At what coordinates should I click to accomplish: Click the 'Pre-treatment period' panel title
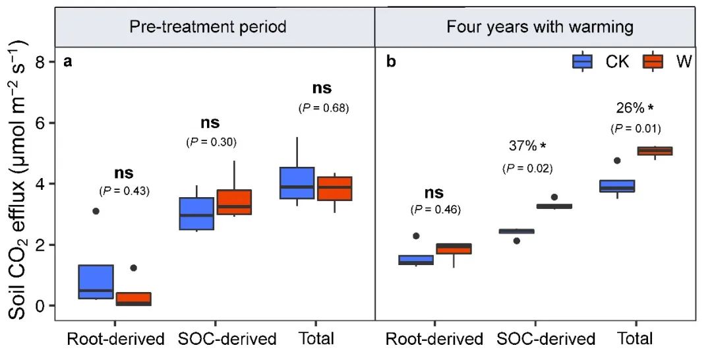(x=207, y=27)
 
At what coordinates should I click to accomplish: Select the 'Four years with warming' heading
(x=539, y=27)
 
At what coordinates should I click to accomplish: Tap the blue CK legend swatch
(x=582, y=61)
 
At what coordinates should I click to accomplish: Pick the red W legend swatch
(x=652, y=61)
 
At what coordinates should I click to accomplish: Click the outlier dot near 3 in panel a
(x=96, y=211)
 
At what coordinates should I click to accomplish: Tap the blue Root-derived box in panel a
(x=96, y=282)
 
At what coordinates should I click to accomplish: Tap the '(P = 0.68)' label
(x=324, y=107)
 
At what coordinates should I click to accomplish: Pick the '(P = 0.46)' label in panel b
(x=435, y=210)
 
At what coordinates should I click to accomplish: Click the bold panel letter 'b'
(x=391, y=63)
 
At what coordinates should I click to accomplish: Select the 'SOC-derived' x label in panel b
(x=546, y=340)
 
